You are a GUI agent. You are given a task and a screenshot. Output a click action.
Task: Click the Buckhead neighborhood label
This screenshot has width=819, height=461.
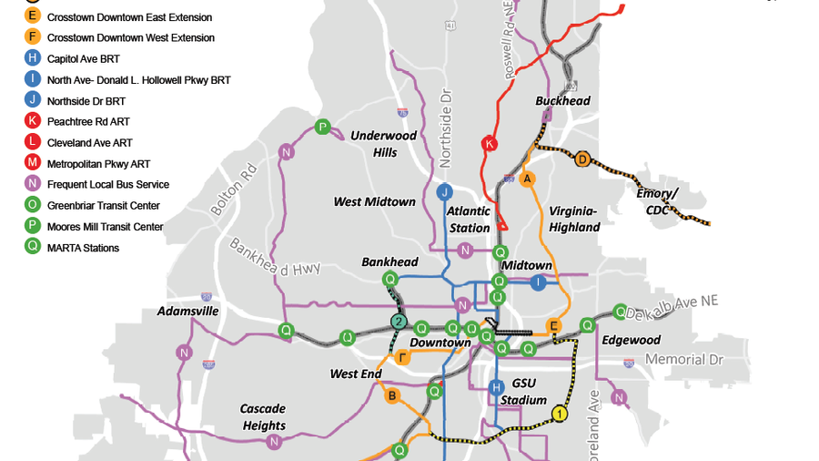pyautogui.click(x=562, y=101)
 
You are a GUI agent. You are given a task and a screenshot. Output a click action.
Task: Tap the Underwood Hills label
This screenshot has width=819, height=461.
pyautogui.click(x=384, y=144)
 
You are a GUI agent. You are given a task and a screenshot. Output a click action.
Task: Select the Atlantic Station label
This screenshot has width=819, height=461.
pyautogui.click(x=469, y=219)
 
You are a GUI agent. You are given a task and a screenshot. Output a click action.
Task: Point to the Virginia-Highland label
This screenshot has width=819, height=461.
pyautogui.click(x=574, y=219)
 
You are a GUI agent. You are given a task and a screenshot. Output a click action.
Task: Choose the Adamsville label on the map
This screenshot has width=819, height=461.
pyautogui.click(x=187, y=311)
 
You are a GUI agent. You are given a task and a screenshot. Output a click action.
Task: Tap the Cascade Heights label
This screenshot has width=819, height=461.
pyautogui.click(x=263, y=417)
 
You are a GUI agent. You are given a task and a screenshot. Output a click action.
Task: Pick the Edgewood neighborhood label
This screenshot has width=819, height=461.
pyautogui.click(x=631, y=340)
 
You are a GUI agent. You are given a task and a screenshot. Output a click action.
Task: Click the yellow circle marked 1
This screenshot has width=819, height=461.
pyautogui.click(x=560, y=415)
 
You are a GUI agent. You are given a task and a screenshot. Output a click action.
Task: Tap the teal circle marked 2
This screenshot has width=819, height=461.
pyautogui.click(x=398, y=321)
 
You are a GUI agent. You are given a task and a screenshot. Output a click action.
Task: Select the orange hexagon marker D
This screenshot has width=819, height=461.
pyautogui.click(x=582, y=159)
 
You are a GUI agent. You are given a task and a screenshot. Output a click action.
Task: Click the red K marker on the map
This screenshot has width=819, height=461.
pyautogui.click(x=490, y=144)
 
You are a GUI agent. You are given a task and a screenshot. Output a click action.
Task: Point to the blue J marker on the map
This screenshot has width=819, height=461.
pyautogui.click(x=445, y=191)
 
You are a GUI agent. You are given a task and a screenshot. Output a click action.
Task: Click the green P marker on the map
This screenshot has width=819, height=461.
pyautogui.click(x=322, y=127)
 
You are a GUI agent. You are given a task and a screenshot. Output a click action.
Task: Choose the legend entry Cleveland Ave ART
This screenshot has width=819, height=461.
pyautogui.click(x=90, y=142)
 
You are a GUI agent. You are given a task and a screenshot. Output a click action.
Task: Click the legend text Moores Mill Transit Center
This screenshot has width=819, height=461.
pyautogui.click(x=106, y=226)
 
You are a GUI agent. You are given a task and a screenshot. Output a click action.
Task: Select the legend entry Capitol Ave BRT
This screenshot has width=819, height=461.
pyautogui.click(x=85, y=59)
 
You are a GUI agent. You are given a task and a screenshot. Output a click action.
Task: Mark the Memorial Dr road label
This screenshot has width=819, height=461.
pyautogui.click(x=683, y=360)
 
